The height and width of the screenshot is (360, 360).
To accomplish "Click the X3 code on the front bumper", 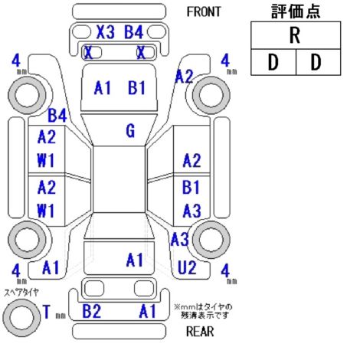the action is [106, 32].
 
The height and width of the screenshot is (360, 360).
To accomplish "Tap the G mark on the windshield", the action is [130, 131].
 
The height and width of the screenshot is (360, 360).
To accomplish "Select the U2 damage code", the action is [187, 267].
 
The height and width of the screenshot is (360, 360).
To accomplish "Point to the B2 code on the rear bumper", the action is [92, 311].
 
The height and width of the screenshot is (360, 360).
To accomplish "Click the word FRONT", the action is [204, 11].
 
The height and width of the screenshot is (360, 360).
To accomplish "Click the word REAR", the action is [200, 332].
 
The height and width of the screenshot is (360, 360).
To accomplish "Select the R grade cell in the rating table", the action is [296, 35].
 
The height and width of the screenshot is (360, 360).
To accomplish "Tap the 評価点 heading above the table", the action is [296, 11].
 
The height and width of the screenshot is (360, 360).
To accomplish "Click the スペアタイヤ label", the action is [21, 292].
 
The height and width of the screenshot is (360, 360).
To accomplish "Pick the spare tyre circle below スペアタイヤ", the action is [22, 318].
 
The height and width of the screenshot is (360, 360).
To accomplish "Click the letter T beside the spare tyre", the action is [47, 312].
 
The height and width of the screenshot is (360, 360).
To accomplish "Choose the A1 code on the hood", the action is [103, 88].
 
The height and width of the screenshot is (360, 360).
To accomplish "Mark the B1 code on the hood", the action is [136, 88].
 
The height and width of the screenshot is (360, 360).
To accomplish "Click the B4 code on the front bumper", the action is [133, 32].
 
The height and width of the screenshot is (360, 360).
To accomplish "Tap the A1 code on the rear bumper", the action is [147, 311].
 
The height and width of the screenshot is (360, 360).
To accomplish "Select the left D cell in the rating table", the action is [273, 62].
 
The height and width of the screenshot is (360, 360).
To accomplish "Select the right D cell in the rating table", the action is [318, 62].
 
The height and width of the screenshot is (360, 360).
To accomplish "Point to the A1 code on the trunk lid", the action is [135, 260].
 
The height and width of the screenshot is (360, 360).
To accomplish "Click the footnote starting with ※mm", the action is [203, 311].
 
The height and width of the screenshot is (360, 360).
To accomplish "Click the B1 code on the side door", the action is [191, 187].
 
